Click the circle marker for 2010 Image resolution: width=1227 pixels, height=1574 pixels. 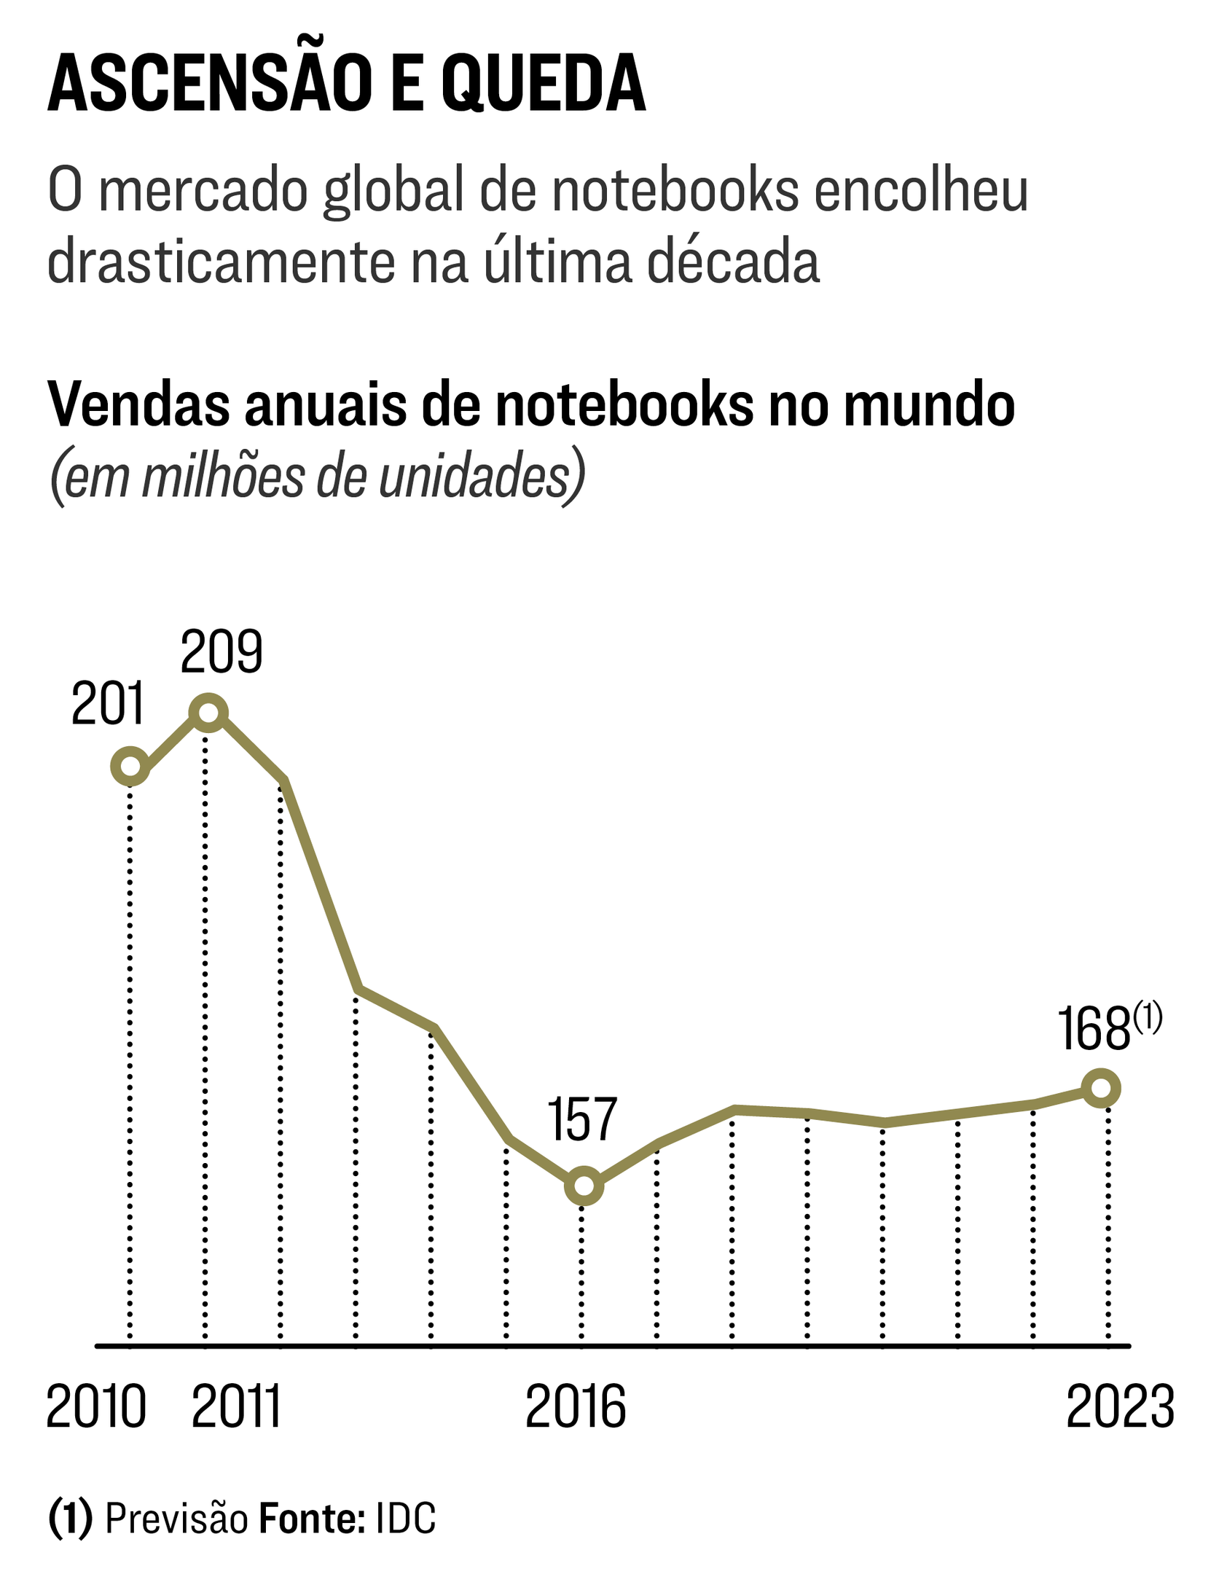[x=130, y=766]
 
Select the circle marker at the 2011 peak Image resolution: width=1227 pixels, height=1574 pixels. [x=208, y=712]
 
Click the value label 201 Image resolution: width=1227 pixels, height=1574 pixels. [x=108, y=705]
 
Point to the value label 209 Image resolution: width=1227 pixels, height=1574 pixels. [x=221, y=652]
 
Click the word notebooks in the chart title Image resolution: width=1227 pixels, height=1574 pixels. [x=624, y=405]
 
